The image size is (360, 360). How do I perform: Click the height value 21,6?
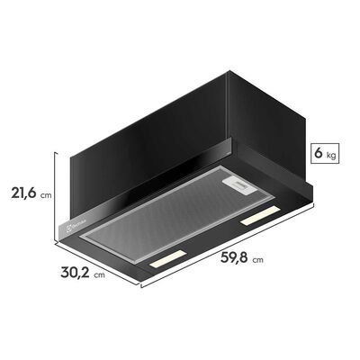coord(23,193)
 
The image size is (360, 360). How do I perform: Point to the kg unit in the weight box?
coord(331,155)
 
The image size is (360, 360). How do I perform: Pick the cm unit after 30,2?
coord(99,274)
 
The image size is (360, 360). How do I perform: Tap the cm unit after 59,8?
coord(258,261)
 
